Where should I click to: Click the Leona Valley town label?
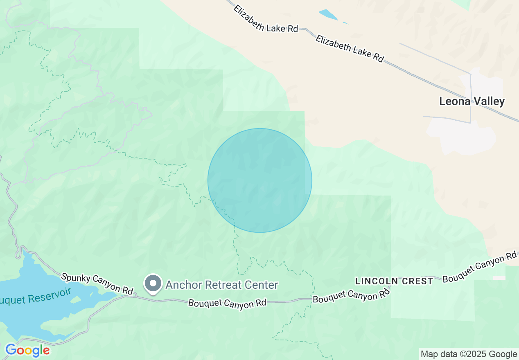[472, 101]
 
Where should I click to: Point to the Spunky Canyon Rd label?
[97, 283]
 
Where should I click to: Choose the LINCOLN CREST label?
[394, 281]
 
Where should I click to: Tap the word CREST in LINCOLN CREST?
[418, 281]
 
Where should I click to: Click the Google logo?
[27, 351]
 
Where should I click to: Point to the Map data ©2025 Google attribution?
[469, 354]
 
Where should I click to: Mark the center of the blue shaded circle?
[260, 180]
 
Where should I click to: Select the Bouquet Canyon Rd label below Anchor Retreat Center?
[227, 303]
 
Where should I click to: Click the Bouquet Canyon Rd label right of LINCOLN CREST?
[479, 267]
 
